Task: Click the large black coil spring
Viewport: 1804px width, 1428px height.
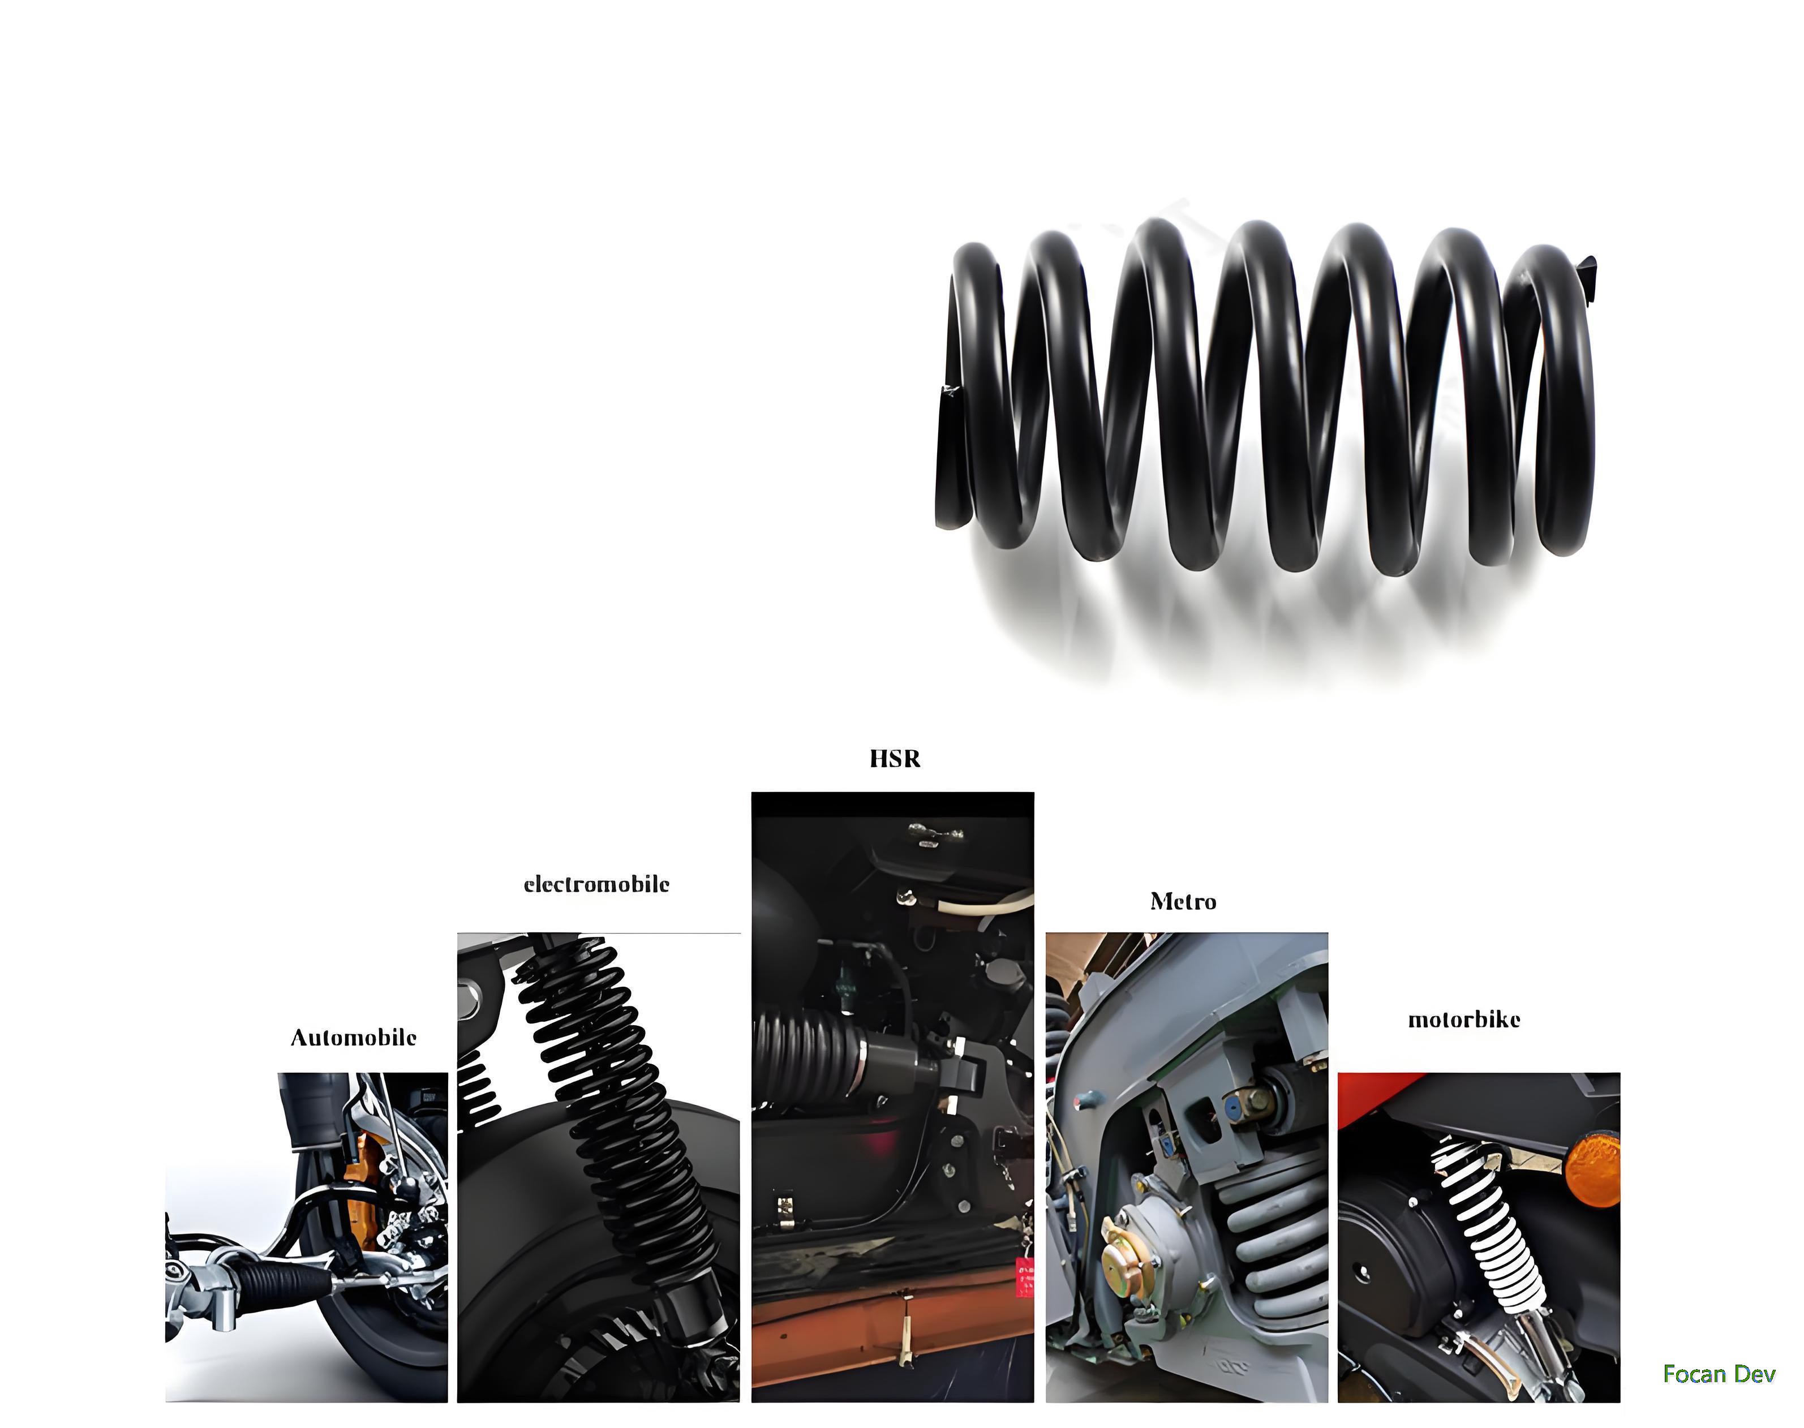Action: click(1263, 393)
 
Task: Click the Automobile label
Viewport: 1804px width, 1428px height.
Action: click(353, 1038)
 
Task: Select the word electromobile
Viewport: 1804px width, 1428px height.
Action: click(596, 884)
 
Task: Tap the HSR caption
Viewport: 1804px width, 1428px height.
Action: click(895, 758)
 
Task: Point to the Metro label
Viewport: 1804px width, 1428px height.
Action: click(1183, 901)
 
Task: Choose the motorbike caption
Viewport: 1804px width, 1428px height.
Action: click(1463, 1019)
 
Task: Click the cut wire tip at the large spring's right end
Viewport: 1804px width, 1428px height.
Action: click(1587, 272)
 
